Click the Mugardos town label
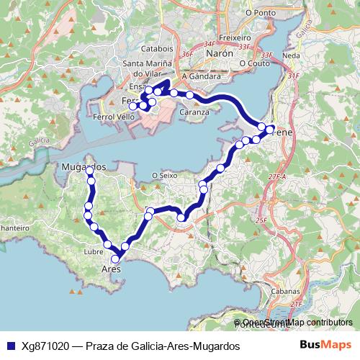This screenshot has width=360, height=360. coord(81,167)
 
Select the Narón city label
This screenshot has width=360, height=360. coord(220,53)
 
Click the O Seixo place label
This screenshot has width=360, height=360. coord(165,174)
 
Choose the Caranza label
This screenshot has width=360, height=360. coord(194,112)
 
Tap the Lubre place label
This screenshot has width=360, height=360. coord(94,252)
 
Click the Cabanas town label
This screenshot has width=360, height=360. coord(286,291)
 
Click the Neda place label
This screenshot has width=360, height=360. coord(292,55)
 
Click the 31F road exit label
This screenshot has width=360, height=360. coord(292,75)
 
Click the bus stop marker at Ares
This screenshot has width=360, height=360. coord(115,259)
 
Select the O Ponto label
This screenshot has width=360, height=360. coord(261,12)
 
